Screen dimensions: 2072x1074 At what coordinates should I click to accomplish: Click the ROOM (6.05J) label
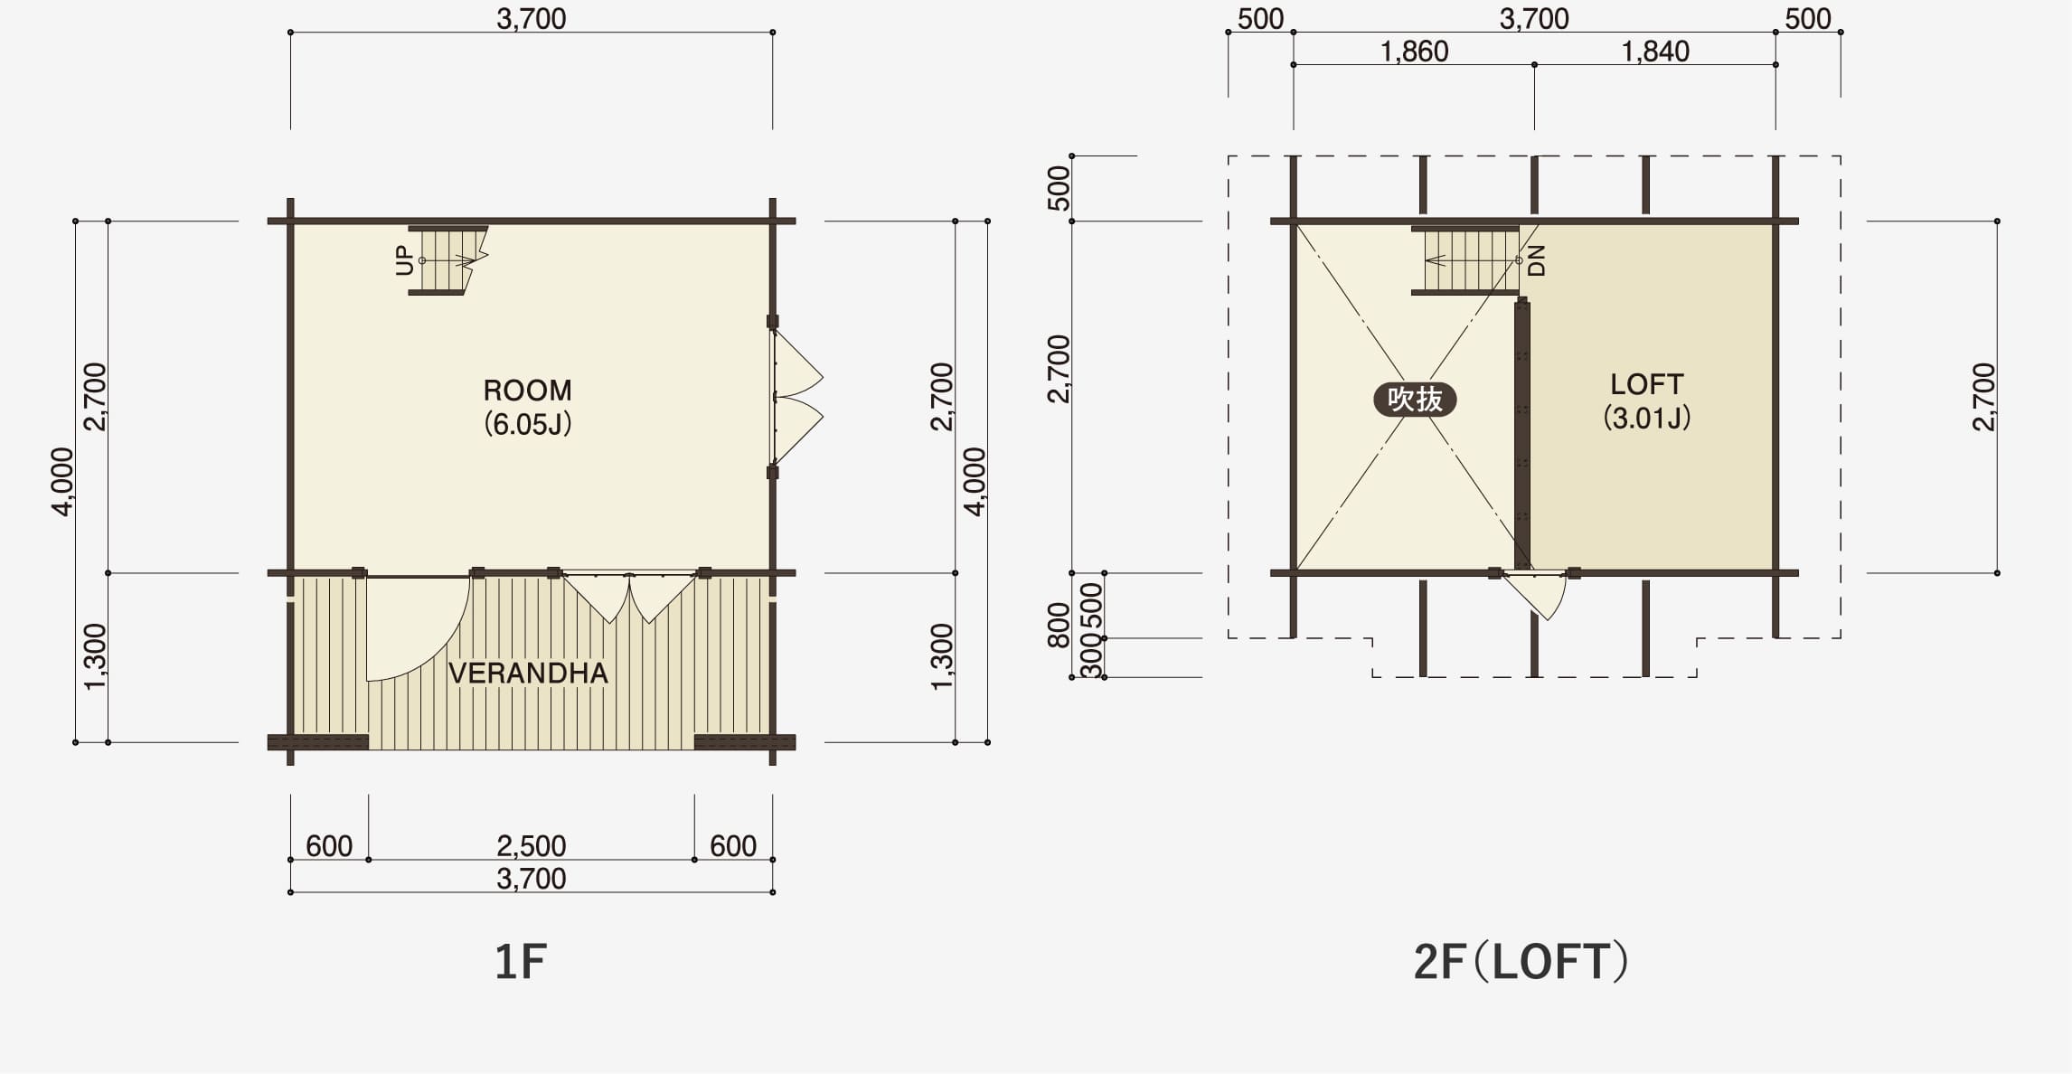pyautogui.click(x=528, y=407)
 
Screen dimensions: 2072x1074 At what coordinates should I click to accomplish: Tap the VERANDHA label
pyautogui.click(x=528, y=674)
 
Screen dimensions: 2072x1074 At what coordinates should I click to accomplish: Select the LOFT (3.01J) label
pyautogui.click(x=1646, y=400)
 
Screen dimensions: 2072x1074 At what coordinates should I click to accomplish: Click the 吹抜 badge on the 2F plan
pyautogui.click(x=1415, y=399)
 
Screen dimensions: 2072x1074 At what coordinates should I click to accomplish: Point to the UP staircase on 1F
pyautogui.click(x=447, y=260)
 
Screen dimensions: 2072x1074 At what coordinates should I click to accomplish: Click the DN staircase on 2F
pyautogui.click(x=1465, y=260)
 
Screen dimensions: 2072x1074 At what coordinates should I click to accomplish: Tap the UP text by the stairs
pyautogui.click(x=404, y=260)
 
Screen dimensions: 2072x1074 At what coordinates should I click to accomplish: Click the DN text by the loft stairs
pyautogui.click(x=1537, y=260)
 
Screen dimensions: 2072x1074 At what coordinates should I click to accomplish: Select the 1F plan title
pyautogui.click(x=521, y=961)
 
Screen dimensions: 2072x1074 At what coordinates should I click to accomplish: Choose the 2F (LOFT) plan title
pyautogui.click(x=1521, y=961)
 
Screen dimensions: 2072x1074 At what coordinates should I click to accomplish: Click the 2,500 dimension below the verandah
pyautogui.click(x=531, y=845)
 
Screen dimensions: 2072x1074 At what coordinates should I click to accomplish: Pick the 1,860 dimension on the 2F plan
pyautogui.click(x=1414, y=52)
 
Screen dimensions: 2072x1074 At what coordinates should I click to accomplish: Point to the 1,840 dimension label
pyautogui.click(x=1655, y=52)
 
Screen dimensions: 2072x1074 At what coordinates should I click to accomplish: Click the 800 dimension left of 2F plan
pyautogui.click(x=1059, y=625)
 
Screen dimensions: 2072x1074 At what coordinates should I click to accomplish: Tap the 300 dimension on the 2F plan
pyautogui.click(x=1092, y=657)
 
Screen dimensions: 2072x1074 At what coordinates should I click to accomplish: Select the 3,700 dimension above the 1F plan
pyautogui.click(x=531, y=19)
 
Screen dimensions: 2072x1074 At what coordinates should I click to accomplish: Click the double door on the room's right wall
pyautogui.click(x=796, y=397)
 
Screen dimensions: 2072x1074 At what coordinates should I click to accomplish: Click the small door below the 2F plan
pyautogui.click(x=1542, y=596)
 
